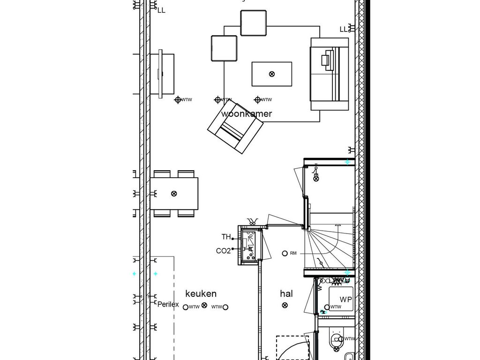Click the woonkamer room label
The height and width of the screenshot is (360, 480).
247,114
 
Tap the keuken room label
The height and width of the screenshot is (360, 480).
201,294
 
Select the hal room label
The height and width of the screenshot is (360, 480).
286,294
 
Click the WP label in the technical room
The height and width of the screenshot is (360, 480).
346,299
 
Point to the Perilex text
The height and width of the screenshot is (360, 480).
168,304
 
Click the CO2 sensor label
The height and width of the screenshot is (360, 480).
223,251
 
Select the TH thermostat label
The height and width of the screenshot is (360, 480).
226,237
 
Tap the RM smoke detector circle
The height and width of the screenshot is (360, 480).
285,253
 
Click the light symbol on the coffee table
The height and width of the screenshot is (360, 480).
272,74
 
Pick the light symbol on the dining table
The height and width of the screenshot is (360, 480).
174,194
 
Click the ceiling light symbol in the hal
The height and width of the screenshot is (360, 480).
285,306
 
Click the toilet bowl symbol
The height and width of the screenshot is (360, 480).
336,341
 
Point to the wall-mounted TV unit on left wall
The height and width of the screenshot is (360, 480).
161,74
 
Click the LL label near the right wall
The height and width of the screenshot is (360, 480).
344,29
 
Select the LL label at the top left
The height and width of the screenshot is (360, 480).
161,10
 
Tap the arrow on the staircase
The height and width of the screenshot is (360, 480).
337,226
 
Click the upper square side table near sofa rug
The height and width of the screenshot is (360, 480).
254,22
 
